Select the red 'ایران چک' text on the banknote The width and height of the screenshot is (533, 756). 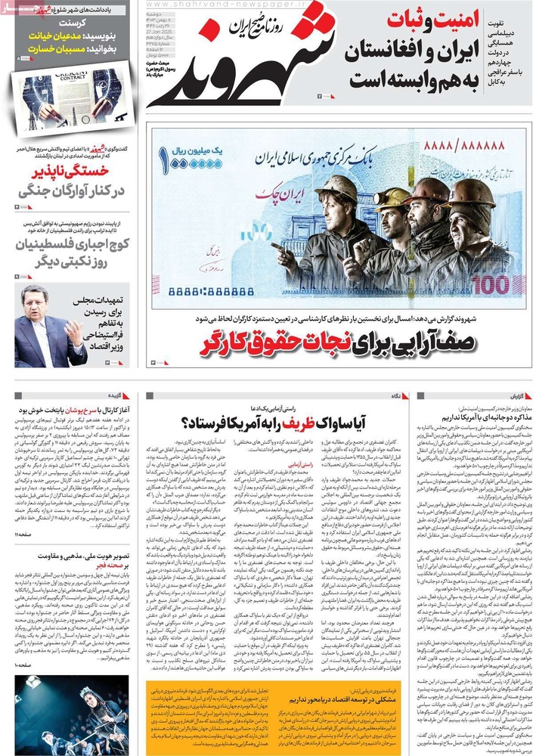[284, 194]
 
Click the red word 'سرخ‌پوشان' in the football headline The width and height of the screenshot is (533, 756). [65, 412]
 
